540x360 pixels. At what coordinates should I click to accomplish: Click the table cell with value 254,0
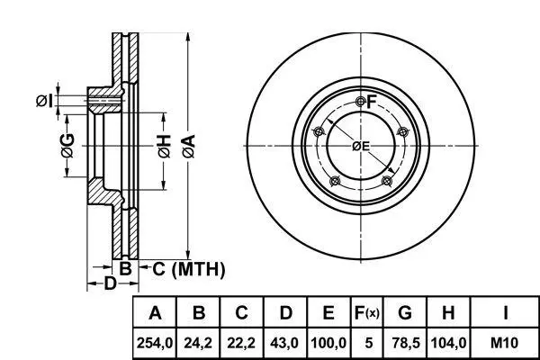pyautogui.click(x=155, y=343)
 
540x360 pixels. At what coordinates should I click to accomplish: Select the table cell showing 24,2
pyautogui.click(x=198, y=343)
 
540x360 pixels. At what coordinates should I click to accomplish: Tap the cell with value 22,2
pyautogui.click(x=241, y=343)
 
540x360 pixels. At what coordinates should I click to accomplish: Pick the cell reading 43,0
pyautogui.click(x=285, y=343)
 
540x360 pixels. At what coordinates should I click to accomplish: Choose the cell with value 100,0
pyautogui.click(x=328, y=343)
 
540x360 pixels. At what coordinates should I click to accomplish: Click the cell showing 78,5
pyautogui.click(x=405, y=343)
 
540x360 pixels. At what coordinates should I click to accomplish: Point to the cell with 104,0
pyautogui.click(x=448, y=343)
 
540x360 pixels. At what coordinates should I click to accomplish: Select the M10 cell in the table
pyautogui.click(x=505, y=343)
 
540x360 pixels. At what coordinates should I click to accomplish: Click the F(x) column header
pyautogui.click(x=367, y=312)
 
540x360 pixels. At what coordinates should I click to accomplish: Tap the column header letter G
pyautogui.click(x=405, y=312)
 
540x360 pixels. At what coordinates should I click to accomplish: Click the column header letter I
pyautogui.click(x=505, y=312)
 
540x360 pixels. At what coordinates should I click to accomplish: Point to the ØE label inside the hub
pyautogui.click(x=361, y=147)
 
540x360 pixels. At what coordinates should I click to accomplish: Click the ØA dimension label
pyautogui.click(x=189, y=147)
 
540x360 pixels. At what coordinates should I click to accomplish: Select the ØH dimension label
pyautogui.click(x=165, y=147)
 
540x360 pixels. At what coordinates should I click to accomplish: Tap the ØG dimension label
pyautogui.click(x=67, y=146)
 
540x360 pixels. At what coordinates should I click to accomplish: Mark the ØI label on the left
pyautogui.click(x=45, y=101)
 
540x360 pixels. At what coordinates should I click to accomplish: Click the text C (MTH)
pyautogui.click(x=189, y=269)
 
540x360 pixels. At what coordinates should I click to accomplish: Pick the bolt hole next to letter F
pyautogui.click(x=361, y=102)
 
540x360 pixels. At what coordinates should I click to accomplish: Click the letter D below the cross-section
pyautogui.click(x=110, y=283)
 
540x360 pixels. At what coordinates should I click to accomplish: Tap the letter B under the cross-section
pyautogui.click(x=125, y=268)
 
